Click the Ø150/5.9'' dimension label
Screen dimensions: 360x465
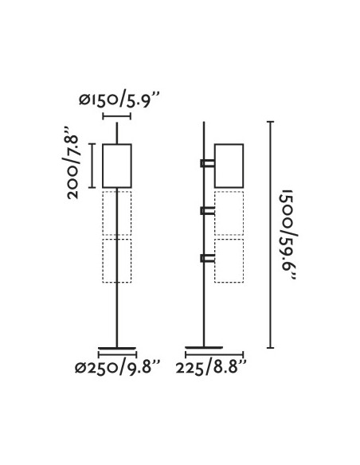pos(119,100)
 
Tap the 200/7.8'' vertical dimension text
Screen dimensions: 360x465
pos(70,163)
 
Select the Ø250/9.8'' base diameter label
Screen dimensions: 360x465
pos(117,368)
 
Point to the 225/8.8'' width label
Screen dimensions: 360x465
pos(211,368)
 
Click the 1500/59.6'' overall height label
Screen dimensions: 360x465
pos(288,235)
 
